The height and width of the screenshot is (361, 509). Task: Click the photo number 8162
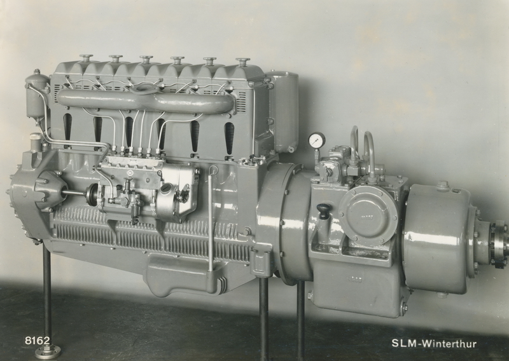pos(38,341)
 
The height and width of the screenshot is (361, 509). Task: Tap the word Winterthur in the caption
pos(449,343)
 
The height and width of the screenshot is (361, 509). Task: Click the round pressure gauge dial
pos(316,140)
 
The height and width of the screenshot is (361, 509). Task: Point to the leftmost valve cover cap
pos(86,58)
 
